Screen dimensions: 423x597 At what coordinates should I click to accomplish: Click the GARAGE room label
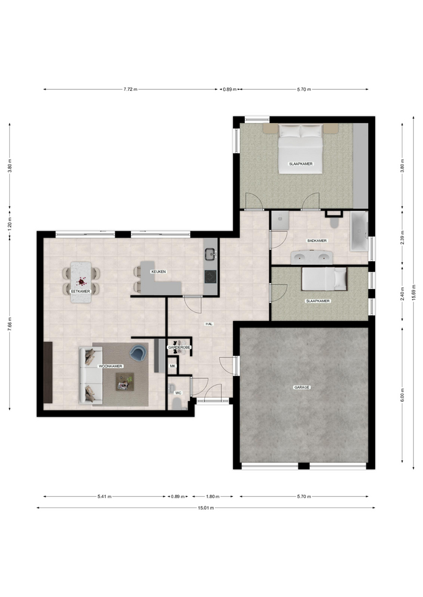click(302, 387)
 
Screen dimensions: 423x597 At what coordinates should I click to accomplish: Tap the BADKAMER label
click(317, 241)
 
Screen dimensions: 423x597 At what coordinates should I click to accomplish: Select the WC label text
click(178, 392)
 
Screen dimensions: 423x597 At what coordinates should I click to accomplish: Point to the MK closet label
click(173, 366)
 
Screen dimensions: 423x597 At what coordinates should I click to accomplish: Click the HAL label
click(209, 324)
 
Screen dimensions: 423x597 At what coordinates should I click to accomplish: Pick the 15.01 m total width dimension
click(206, 507)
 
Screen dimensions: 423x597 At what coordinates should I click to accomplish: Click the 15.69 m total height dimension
click(414, 292)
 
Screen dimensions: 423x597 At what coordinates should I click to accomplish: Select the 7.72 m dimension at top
click(130, 90)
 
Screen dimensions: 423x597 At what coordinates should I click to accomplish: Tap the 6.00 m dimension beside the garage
click(403, 395)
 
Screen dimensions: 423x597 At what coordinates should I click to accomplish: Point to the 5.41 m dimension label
click(105, 496)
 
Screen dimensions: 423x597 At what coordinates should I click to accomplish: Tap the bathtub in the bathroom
click(359, 231)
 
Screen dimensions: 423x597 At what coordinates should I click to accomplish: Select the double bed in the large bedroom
click(300, 149)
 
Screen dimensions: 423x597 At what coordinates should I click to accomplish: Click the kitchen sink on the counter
click(210, 253)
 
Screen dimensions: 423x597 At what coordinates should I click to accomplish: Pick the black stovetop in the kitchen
click(210, 276)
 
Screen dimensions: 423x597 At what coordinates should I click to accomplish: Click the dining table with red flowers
click(81, 282)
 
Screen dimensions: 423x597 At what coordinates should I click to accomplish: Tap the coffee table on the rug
click(125, 381)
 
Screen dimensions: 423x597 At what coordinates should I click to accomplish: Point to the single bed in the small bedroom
click(324, 279)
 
